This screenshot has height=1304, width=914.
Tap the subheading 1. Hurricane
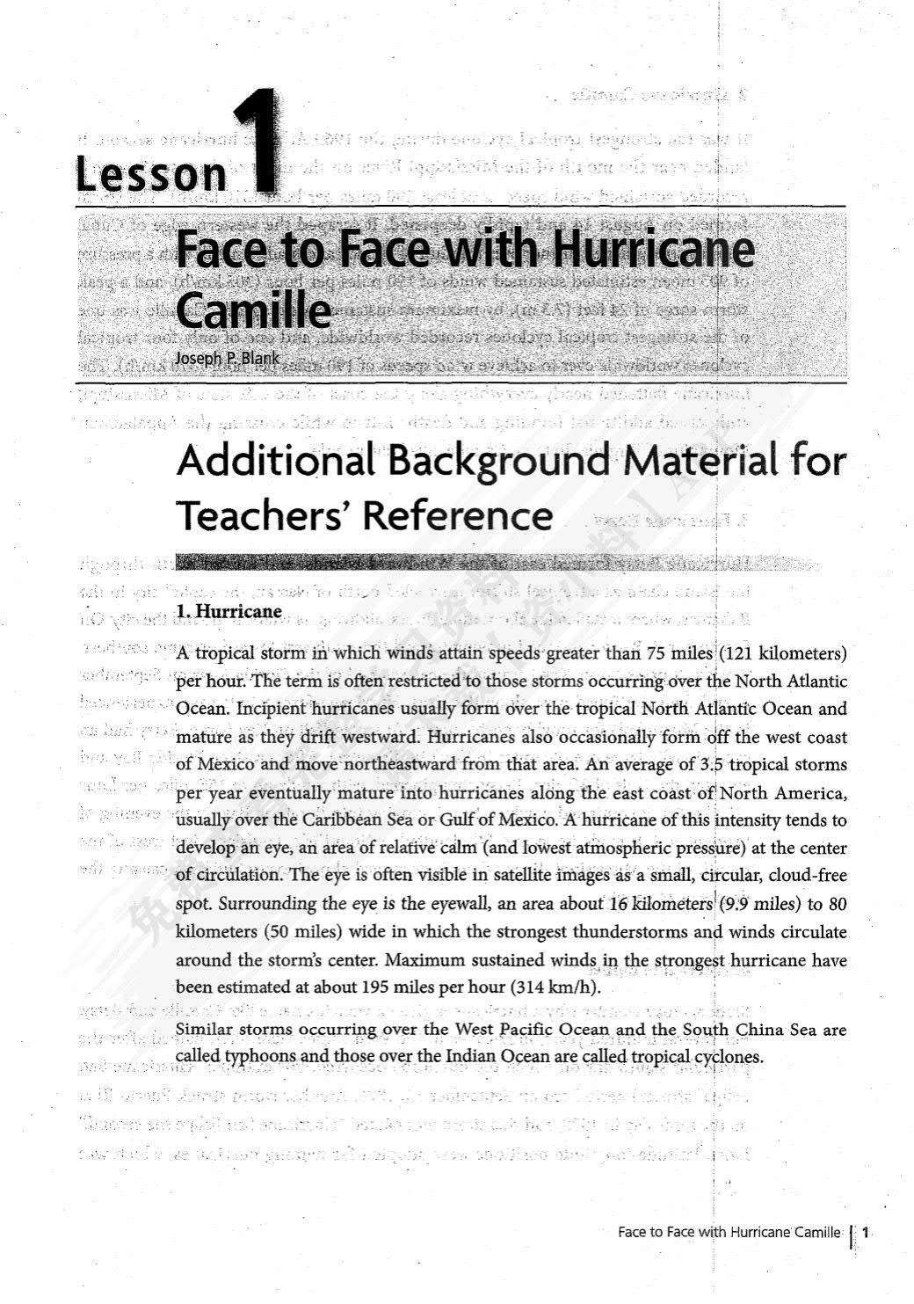(229, 611)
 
